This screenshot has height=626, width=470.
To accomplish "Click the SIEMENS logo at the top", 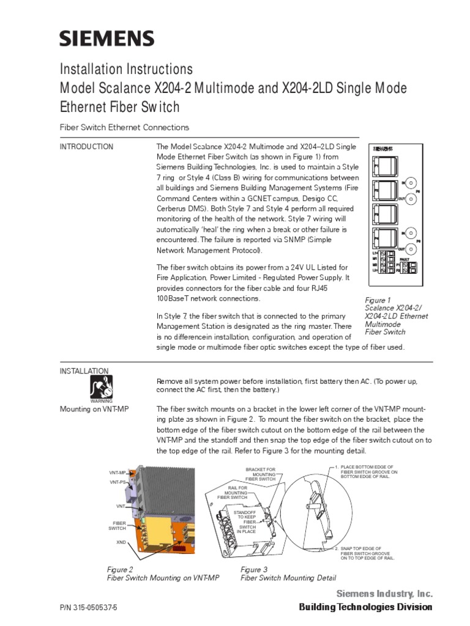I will point(106,39).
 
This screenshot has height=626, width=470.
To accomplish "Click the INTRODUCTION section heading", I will point(86,147).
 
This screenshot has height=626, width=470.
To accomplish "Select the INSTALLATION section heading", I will point(84,371).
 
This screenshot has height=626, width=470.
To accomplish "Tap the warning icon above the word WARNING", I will point(101,386).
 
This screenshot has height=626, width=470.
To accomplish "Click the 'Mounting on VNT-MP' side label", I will point(97,409).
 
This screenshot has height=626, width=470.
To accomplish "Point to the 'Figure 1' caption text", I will point(378,300).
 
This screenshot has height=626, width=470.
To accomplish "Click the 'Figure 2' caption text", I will point(120,570).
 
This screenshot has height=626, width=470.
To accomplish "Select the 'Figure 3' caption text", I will point(253,570).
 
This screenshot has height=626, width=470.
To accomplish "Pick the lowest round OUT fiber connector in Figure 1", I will point(413,249).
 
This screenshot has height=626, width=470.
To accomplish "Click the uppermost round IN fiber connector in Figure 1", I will point(413,183).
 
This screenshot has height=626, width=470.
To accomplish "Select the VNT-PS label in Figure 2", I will point(117,482).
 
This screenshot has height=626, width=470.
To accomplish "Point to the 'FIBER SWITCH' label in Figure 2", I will point(117,525).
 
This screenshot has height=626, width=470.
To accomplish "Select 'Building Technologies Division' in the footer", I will point(365,607).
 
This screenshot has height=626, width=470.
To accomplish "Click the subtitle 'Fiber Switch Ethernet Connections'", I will point(124,127).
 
